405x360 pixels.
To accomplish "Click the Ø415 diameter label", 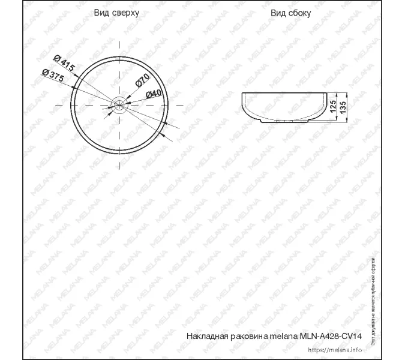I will [64, 64].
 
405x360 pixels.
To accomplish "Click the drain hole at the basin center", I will [120, 106].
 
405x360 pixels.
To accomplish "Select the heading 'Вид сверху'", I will [116, 13].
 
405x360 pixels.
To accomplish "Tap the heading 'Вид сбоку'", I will [290, 13].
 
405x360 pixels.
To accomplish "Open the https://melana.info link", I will [343, 350].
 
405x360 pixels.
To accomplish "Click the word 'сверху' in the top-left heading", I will [126, 13].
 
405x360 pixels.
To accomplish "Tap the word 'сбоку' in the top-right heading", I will [299, 13].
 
